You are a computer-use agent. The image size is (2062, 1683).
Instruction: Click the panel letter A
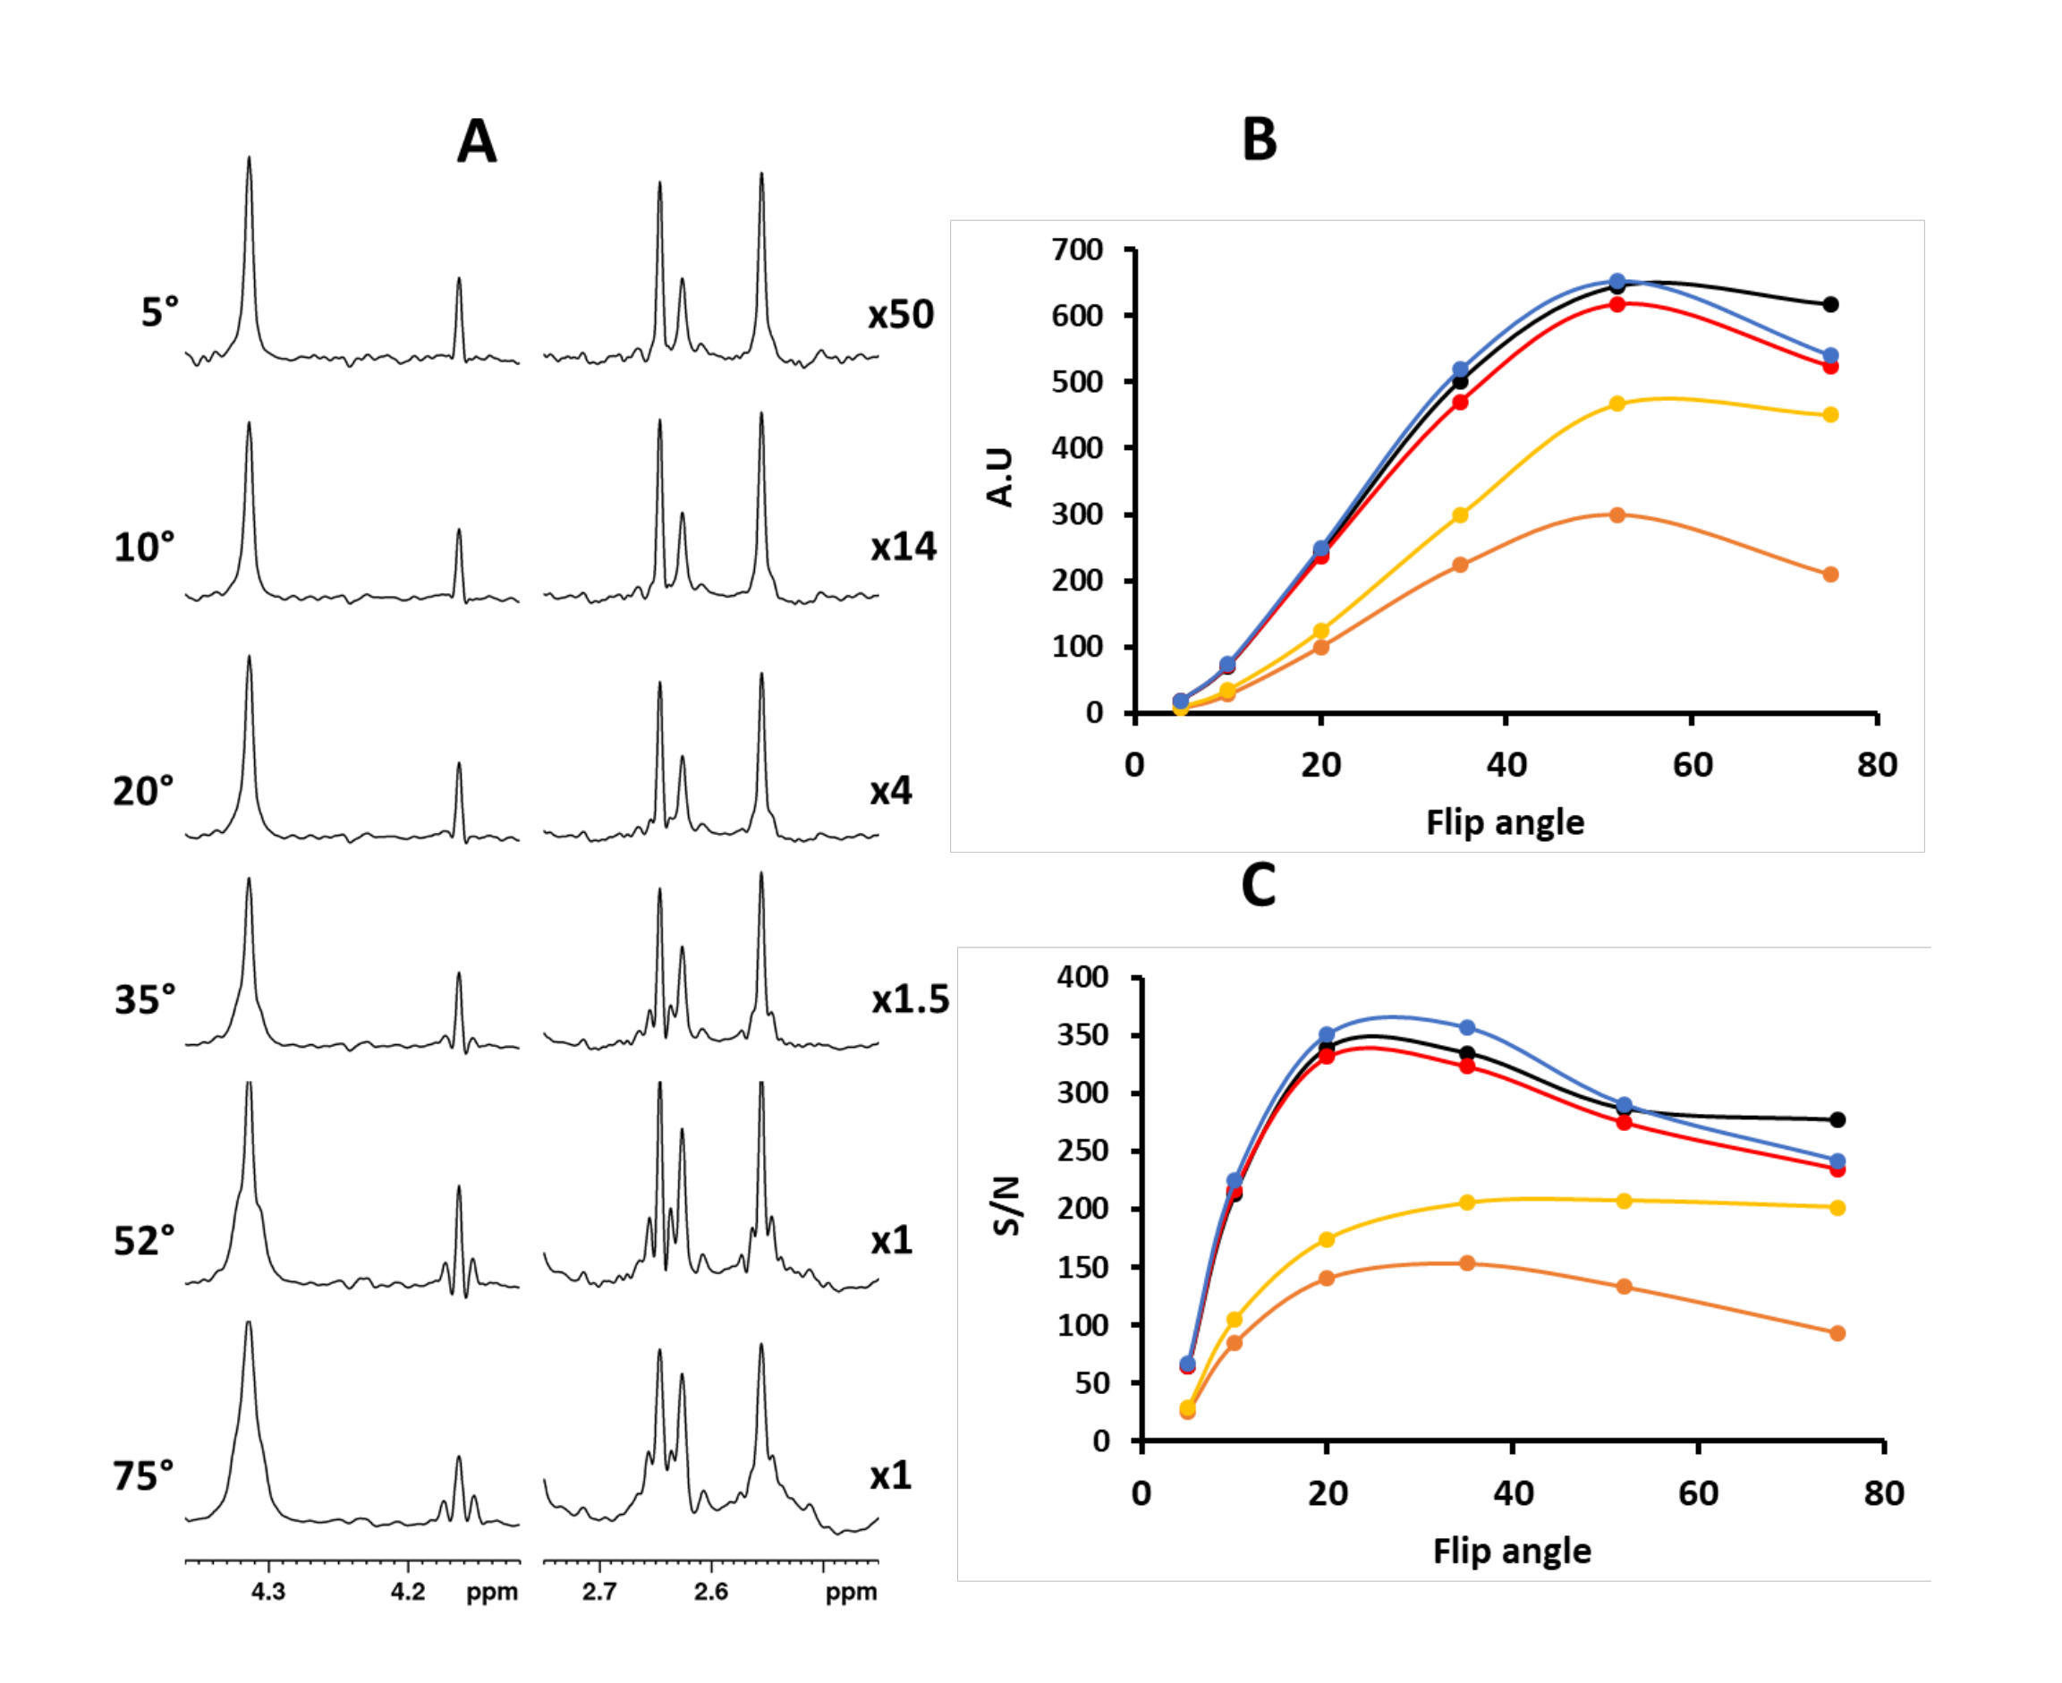coord(477,141)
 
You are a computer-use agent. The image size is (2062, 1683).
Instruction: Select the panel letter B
coord(1259,140)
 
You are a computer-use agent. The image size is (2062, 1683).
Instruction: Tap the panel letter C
coord(1259,884)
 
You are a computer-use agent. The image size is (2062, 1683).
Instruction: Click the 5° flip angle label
coord(160,312)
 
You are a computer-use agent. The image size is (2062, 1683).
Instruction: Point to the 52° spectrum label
coord(144,1241)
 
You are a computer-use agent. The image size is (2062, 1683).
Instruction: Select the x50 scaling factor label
coord(901,314)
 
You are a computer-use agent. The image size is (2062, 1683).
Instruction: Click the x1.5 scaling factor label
coord(909,999)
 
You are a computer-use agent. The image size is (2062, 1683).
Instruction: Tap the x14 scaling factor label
coord(904,548)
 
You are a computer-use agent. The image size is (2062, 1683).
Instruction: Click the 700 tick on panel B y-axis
coord(1078,251)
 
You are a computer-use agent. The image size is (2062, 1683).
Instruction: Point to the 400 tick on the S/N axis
coord(1082,976)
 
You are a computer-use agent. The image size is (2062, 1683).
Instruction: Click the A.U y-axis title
coord(999,477)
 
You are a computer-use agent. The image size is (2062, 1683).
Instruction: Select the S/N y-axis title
coord(1007,1206)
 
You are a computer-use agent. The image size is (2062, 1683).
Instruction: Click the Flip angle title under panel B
coord(1505,822)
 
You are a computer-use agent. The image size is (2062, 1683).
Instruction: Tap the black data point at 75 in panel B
coord(1830,304)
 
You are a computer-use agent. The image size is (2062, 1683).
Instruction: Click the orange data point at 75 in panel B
coord(1830,575)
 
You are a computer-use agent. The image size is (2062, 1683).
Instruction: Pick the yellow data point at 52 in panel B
coord(1617,404)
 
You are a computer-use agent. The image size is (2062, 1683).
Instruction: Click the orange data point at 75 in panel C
coord(1837,1333)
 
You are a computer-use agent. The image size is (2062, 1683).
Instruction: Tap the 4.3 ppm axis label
coord(268,1592)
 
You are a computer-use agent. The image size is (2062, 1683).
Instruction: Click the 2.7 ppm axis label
coord(599,1592)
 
